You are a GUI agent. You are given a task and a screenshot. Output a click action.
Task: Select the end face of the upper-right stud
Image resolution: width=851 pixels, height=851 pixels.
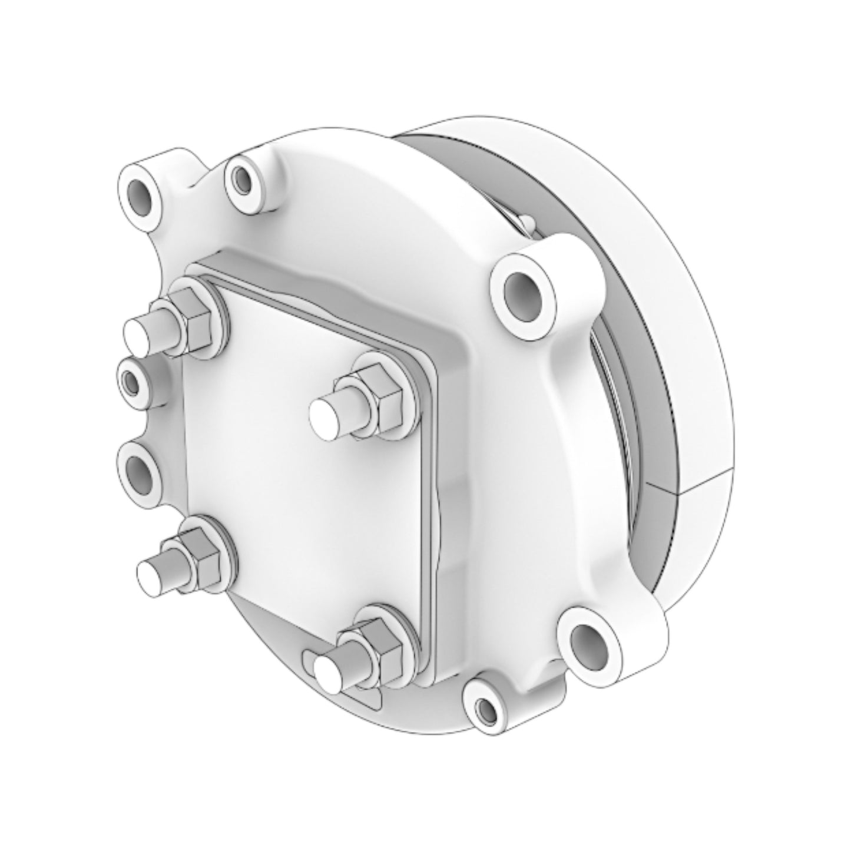[x=325, y=415]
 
